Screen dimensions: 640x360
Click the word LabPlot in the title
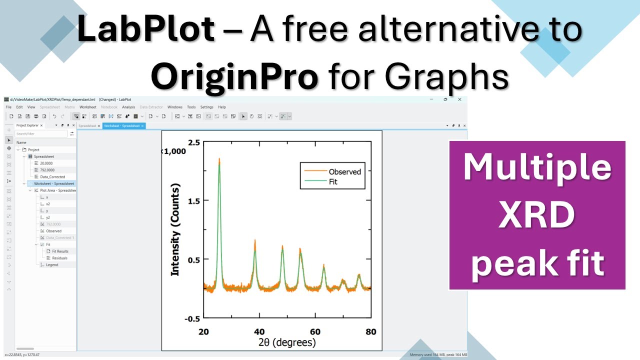point(146,29)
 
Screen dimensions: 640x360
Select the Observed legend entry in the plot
point(344,171)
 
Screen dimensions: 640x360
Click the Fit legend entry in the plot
point(333,182)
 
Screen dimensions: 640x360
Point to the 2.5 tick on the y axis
point(194,142)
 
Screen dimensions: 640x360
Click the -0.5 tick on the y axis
point(192,318)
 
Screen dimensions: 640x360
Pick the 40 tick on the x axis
point(259,331)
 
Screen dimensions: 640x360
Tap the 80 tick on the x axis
point(370,331)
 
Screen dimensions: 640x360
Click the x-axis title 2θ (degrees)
point(287,343)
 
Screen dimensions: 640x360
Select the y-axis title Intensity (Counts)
point(175,229)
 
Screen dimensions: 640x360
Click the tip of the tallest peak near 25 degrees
point(219,159)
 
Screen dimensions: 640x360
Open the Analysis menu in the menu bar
point(128,107)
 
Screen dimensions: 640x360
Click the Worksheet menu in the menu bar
point(88,107)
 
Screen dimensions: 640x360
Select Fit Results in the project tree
point(60,251)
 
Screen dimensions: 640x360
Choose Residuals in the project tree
point(59,258)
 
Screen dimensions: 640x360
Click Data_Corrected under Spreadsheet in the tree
point(52,177)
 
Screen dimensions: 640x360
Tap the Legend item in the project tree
point(52,265)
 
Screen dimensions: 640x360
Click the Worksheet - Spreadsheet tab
point(121,125)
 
